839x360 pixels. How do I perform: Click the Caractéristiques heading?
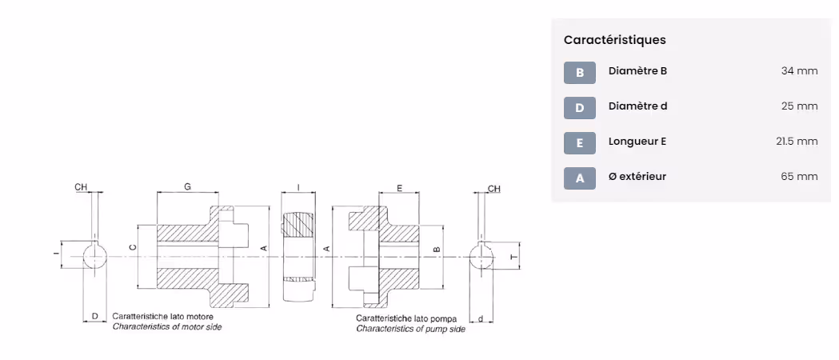(x=614, y=40)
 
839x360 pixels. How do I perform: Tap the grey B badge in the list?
(x=580, y=73)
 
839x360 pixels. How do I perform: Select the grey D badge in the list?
(x=580, y=108)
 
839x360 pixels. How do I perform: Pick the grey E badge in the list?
(x=580, y=142)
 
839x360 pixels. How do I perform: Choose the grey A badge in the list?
(x=580, y=178)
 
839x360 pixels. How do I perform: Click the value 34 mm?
(x=799, y=71)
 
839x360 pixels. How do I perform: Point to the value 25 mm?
(x=799, y=106)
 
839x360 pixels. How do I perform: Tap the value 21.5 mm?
(x=797, y=142)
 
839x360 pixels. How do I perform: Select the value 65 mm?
(x=799, y=176)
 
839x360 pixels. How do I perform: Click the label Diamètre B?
(x=637, y=71)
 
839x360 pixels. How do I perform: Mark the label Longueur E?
(x=637, y=142)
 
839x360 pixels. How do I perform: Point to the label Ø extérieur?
(x=637, y=176)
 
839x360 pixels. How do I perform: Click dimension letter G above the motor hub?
(x=187, y=186)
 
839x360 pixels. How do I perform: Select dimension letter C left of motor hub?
(x=132, y=248)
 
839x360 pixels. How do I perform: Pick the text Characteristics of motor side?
(x=167, y=327)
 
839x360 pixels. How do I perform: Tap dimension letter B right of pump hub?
(x=436, y=250)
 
